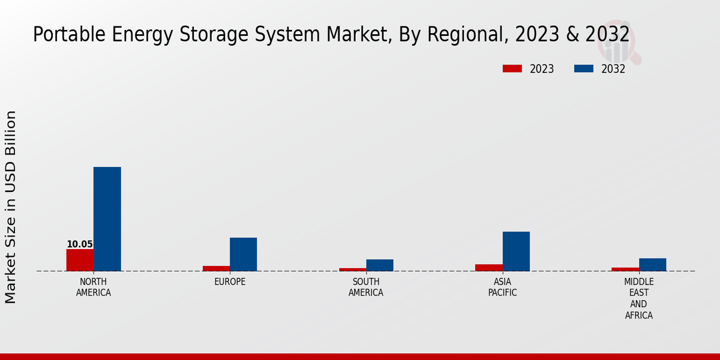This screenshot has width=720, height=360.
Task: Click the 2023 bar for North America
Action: point(80,260)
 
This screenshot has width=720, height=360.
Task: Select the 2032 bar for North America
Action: point(107,219)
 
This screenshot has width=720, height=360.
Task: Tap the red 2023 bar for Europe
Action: point(216,268)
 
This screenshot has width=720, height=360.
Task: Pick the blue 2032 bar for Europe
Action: point(243,254)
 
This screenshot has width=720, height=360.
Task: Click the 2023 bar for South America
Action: point(352,269)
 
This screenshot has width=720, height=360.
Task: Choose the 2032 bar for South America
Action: point(380,265)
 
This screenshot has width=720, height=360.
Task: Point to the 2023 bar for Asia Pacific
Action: point(488,268)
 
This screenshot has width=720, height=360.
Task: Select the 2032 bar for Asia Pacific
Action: point(516,251)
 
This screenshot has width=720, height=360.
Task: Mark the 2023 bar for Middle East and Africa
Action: point(625,269)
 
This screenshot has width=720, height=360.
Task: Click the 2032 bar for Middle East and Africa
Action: point(652,265)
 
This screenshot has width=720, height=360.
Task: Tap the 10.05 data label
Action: point(80,244)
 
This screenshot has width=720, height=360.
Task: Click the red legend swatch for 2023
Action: point(512,69)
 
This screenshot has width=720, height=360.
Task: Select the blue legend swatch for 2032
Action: point(583,69)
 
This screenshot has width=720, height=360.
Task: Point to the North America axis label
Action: point(94,287)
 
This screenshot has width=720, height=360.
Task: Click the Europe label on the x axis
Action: point(230,282)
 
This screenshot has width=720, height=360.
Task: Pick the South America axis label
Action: point(366,287)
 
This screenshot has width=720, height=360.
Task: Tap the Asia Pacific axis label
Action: point(502,287)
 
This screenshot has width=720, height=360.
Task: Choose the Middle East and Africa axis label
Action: point(639,299)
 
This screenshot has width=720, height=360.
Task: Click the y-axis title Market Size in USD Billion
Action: point(11,207)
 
